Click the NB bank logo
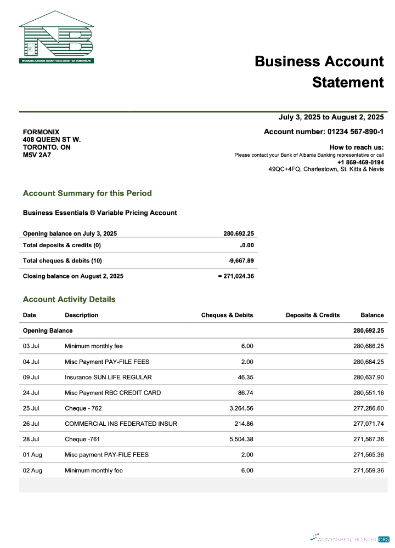pyautogui.click(x=57, y=37)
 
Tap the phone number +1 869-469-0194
pyautogui.click(x=360, y=163)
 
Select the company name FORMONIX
pyautogui.click(x=41, y=132)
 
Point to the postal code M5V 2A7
pyautogui.click(x=37, y=155)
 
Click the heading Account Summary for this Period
pyautogui.click(x=87, y=193)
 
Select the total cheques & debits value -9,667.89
pyautogui.click(x=241, y=261)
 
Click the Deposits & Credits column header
pyautogui.click(x=313, y=315)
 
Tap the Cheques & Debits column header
pyautogui.click(x=227, y=315)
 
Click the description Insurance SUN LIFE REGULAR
pyautogui.click(x=108, y=377)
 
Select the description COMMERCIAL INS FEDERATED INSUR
pyautogui.click(x=121, y=424)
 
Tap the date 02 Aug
pyautogui.click(x=32, y=470)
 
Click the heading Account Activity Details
pyautogui.click(x=69, y=299)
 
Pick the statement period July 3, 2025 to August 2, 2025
pyautogui.click(x=331, y=117)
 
